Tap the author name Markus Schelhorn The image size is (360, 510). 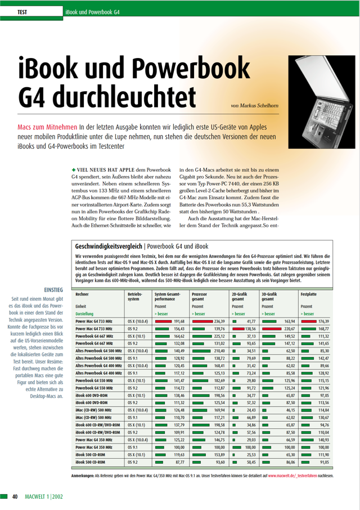point(254,105)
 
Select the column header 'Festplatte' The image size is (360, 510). point(309,294)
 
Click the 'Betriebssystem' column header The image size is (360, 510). point(136,297)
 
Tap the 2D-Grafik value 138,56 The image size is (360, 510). point(248,328)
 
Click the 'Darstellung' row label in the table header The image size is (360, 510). point(84,313)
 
